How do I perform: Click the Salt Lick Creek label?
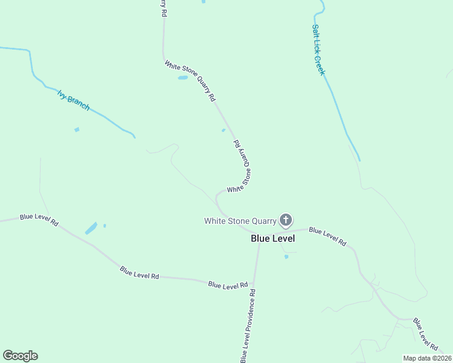click(x=319, y=50)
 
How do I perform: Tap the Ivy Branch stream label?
click(x=73, y=100)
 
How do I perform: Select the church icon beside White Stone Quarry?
click(x=285, y=220)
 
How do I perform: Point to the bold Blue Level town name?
click(x=273, y=238)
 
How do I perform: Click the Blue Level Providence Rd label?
click(x=248, y=325)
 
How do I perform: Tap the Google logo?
click(x=20, y=356)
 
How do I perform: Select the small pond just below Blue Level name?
click(x=286, y=257)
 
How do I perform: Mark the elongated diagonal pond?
click(x=91, y=228)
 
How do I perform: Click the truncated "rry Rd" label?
click(x=163, y=8)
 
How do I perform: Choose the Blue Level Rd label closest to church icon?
click(x=327, y=236)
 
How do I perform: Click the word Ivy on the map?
click(x=62, y=93)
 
